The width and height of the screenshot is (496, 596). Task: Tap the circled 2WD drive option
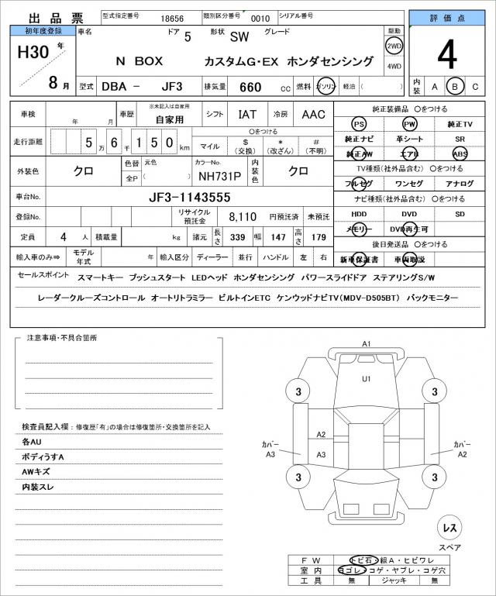[x=394, y=45]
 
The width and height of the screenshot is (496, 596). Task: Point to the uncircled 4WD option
[x=394, y=66]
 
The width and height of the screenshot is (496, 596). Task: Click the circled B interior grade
[x=456, y=86]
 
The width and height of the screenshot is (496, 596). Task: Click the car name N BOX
[x=139, y=60]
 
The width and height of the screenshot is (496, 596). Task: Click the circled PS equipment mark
[x=359, y=124]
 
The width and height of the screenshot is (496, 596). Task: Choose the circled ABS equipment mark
[x=460, y=153]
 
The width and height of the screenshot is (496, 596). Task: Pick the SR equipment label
[x=460, y=139]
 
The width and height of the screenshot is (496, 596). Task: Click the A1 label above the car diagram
[x=367, y=343]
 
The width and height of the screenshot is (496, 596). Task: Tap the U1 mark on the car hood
[x=367, y=378]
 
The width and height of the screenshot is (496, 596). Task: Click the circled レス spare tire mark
[x=448, y=528]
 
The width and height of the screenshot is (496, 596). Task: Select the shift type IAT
[x=247, y=114]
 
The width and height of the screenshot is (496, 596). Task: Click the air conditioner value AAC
[x=313, y=114]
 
